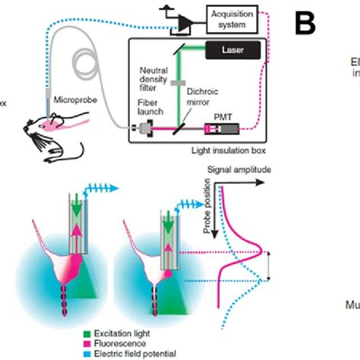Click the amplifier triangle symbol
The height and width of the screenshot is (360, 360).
click(x=182, y=24)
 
